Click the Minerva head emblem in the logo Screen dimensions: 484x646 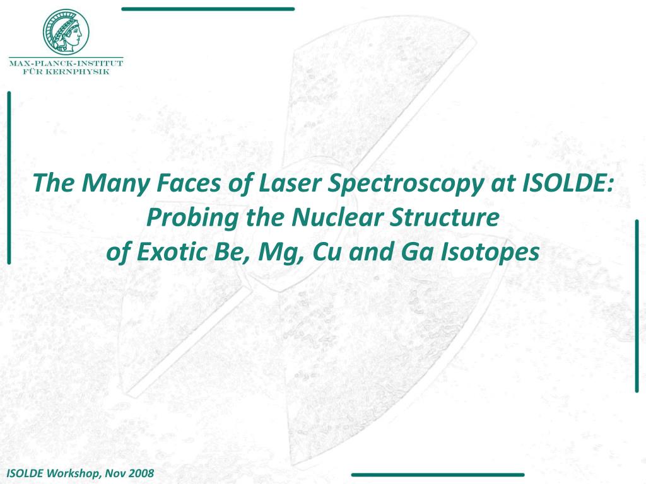pyautogui.click(x=66, y=31)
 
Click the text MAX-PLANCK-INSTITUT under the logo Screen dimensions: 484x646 pyautogui.click(x=66, y=63)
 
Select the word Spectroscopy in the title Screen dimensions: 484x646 pyautogui.click(x=396, y=185)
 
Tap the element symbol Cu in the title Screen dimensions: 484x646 pyautogui.click(x=319, y=252)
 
